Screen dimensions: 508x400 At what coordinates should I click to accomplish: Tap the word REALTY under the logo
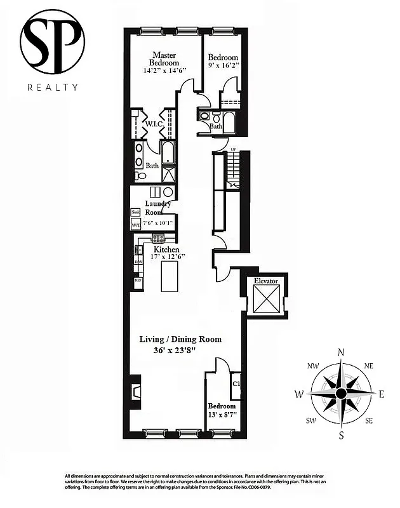pyautogui.click(x=52, y=88)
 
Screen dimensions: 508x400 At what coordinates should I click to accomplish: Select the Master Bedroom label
pyautogui.click(x=164, y=59)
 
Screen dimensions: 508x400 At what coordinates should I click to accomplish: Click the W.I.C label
pyautogui.click(x=155, y=124)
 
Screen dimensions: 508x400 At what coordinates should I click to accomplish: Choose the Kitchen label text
pyautogui.click(x=166, y=250)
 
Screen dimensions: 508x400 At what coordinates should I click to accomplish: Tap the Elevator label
pyautogui.click(x=266, y=280)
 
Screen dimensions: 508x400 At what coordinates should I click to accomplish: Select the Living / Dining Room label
pyautogui.click(x=180, y=339)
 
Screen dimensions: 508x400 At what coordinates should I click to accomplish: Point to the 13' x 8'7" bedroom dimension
pyautogui.click(x=222, y=415)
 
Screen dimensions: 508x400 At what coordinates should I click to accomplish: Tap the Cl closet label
pyautogui.click(x=236, y=384)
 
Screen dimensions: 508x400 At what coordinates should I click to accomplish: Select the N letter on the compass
pyautogui.click(x=341, y=353)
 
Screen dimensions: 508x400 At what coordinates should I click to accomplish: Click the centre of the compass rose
pyautogui.click(x=341, y=394)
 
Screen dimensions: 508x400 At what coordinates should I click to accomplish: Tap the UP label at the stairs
pyautogui.click(x=233, y=150)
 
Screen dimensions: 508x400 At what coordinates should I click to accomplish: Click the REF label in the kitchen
pyautogui.click(x=138, y=280)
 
